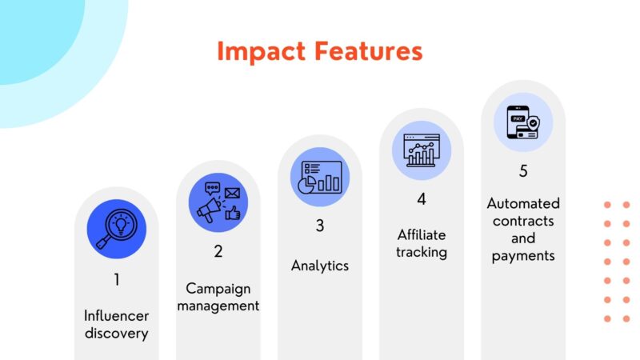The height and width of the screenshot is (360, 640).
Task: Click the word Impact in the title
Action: point(258,53)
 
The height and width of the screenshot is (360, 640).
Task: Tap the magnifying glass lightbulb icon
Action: point(116,229)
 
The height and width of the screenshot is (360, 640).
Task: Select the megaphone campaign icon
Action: point(218,202)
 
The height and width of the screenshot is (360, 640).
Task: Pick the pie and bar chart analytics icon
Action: point(320,177)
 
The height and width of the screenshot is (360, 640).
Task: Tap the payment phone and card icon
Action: point(523,122)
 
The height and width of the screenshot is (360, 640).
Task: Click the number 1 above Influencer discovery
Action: point(116,280)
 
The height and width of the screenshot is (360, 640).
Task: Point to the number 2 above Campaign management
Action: point(218,251)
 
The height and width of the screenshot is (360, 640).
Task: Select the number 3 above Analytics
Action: point(320,226)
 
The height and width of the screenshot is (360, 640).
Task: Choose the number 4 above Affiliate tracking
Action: point(422,198)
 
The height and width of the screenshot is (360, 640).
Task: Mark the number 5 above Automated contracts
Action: point(523,170)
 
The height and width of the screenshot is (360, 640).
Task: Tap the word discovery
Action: point(116,332)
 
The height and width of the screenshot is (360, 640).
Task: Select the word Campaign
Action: point(218,288)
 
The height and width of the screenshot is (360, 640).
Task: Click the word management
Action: point(218,306)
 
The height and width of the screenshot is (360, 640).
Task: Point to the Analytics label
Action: point(320,266)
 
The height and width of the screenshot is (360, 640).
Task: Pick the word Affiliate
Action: point(422,234)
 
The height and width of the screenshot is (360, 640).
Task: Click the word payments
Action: point(523,256)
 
